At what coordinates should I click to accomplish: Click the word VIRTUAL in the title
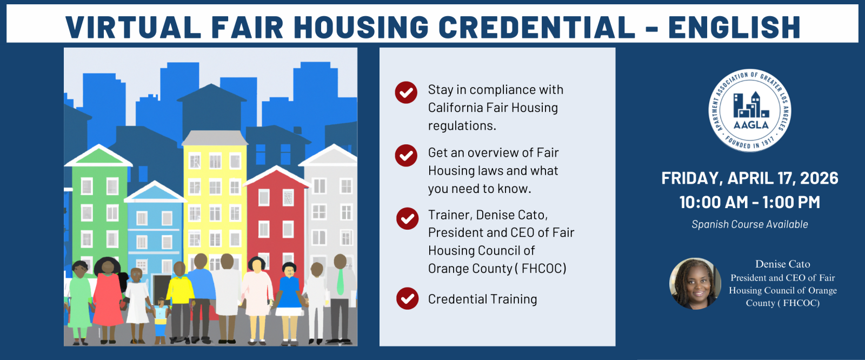pyautogui.click(x=134, y=27)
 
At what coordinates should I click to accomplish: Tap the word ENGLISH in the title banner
pyautogui.click(x=734, y=27)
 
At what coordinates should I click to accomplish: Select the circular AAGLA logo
pyautogui.click(x=749, y=110)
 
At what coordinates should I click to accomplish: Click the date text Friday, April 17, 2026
pyautogui.click(x=749, y=178)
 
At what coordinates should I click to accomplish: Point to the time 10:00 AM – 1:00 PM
pyautogui.click(x=749, y=202)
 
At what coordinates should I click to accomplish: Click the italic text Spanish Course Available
pyautogui.click(x=749, y=224)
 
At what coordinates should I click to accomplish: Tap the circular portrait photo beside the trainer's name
pyautogui.click(x=695, y=284)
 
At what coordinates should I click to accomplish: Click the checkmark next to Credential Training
pyautogui.click(x=408, y=298)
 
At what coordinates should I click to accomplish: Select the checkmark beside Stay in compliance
pyautogui.click(x=406, y=92)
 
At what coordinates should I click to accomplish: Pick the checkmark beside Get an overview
pyautogui.click(x=406, y=155)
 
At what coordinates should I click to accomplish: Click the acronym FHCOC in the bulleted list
pyautogui.click(x=544, y=269)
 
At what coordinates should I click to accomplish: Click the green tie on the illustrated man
pyautogui.click(x=340, y=282)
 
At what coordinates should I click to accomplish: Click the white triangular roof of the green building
pyautogui.click(x=98, y=156)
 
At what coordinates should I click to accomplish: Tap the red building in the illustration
pyautogui.click(x=276, y=224)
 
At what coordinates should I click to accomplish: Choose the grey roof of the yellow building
pyautogui.click(x=214, y=138)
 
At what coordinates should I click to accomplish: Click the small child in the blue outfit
pyautogui.click(x=161, y=321)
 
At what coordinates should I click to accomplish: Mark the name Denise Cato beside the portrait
pyautogui.click(x=782, y=264)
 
